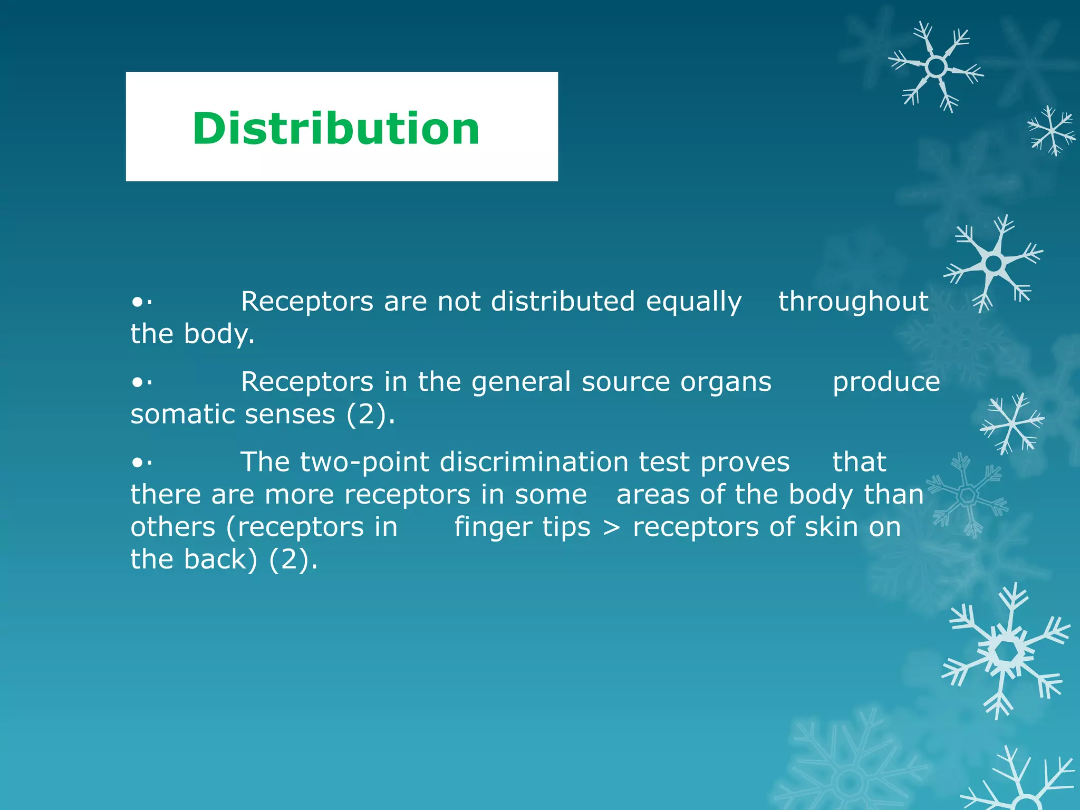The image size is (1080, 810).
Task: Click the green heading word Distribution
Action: click(x=336, y=129)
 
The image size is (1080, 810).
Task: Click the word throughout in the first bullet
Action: click(x=853, y=302)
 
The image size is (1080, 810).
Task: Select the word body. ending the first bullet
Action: click(x=219, y=335)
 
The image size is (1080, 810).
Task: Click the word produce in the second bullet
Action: click(x=886, y=383)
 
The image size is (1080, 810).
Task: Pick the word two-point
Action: click(x=363, y=463)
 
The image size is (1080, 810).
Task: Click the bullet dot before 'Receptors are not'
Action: click(x=138, y=303)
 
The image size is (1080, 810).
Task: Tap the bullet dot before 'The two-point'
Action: click(x=138, y=463)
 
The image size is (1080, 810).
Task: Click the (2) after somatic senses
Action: click(x=369, y=414)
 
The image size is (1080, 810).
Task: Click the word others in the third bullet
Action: click(x=173, y=527)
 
